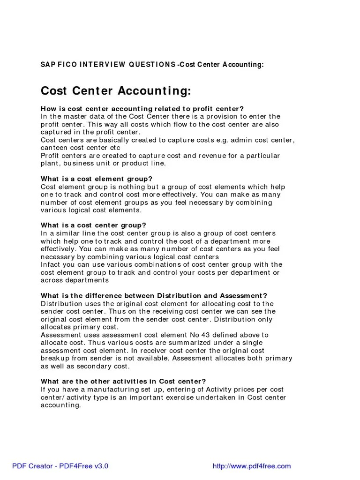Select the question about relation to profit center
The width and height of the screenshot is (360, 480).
click(142, 109)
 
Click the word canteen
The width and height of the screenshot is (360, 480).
click(55, 148)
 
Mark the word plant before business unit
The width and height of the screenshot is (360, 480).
click(50, 163)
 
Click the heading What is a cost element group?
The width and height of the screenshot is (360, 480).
click(97, 179)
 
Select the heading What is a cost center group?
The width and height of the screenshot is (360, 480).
click(94, 225)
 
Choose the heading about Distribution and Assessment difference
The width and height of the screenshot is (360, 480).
click(154, 296)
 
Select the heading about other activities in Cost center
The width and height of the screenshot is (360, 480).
click(123, 382)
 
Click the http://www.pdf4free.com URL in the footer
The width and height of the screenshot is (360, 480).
click(252, 466)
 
